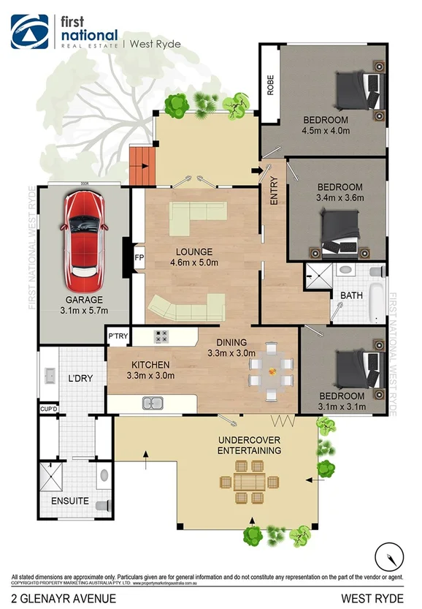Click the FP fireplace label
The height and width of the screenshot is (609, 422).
[x=139, y=258]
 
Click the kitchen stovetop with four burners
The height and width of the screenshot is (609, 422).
[x=161, y=336]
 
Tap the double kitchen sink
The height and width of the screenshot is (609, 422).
[x=153, y=402]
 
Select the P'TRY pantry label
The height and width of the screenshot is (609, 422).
[x=118, y=336]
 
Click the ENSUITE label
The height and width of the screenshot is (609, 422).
[x=70, y=501]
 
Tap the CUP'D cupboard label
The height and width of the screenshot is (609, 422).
[x=49, y=409]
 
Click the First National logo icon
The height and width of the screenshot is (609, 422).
[x=29, y=31]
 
